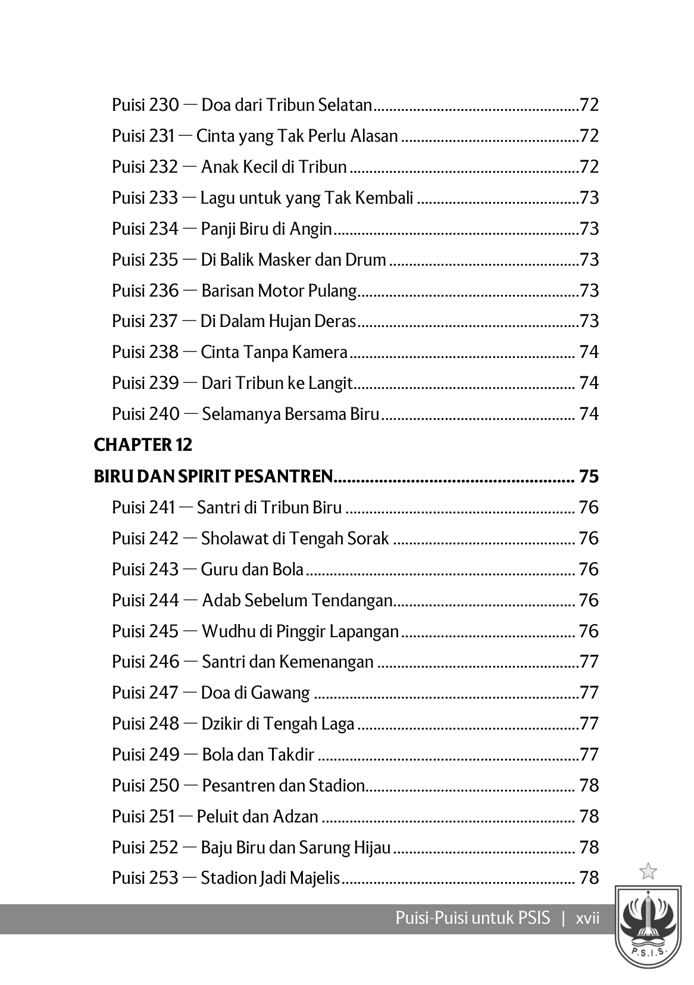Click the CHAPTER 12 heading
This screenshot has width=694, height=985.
click(x=143, y=445)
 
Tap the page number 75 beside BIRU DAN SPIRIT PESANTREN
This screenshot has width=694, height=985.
click(x=588, y=476)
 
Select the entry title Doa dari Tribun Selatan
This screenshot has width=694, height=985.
click(x=286, y=105)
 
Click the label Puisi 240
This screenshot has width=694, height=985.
click(x=145, y=414)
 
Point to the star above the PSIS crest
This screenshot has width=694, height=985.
click(x=648, y=872)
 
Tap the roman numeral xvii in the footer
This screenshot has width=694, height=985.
click(x=587, y=918)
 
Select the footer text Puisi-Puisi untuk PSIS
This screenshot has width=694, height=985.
click(x=473, y=918)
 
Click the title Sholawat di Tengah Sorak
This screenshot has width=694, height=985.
click(x=295, y=538)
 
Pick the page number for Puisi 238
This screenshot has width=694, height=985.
click(x=588, y=352)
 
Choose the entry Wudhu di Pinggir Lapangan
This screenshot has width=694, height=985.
click(x=300, y=631)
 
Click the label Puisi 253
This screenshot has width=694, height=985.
click(x=145, y=878)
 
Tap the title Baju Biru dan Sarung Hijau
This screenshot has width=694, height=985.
click(x=295, y=847)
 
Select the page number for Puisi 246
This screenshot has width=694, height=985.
click(x=589, y=662)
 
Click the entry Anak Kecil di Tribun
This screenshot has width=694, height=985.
click(x=274, y=167)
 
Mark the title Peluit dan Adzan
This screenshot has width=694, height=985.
click(x=257, y=816)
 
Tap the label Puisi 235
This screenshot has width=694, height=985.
click(x=145, y=260)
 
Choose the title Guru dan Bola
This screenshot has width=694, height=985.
click(x=252, y=569)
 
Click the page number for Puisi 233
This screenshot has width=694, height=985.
click(x=589, y=198)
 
